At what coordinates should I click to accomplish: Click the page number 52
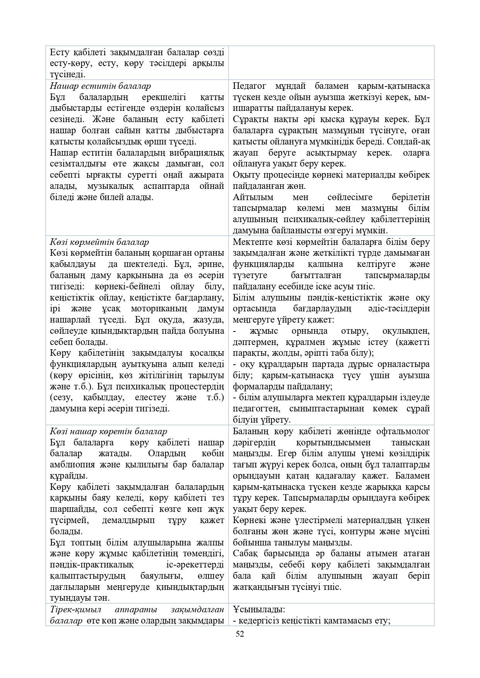(x=240, y=634)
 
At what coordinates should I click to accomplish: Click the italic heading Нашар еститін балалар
(x=100, y=86)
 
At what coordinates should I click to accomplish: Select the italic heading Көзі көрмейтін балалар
(x=99, y=242)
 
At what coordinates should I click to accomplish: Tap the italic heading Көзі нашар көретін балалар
(x=108, y=432)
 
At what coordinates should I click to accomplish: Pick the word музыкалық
(x=111, y=186)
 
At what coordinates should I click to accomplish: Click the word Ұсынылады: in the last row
(x=259, y=610)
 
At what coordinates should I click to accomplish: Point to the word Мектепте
(x=251, y=242)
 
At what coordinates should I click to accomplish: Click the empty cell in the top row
(x=331, y=63)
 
